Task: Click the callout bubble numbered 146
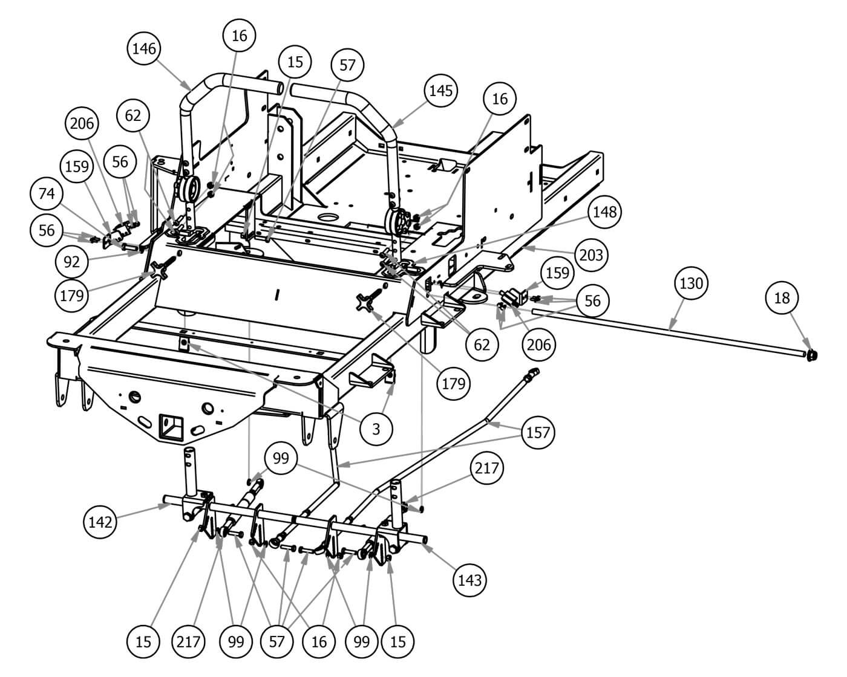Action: point(144,49)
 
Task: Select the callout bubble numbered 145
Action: point(440,91)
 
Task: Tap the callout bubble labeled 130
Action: point(691,283)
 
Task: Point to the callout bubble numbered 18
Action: point(782,297)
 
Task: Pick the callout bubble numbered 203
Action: point(590,255)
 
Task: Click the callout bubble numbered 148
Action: point(605,212)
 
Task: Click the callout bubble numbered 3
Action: point(376,429)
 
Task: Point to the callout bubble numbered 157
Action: point(538,433)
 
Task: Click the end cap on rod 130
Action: point(811,355)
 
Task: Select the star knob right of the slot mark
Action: point(369,301)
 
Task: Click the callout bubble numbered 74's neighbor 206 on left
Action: point(82,123)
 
